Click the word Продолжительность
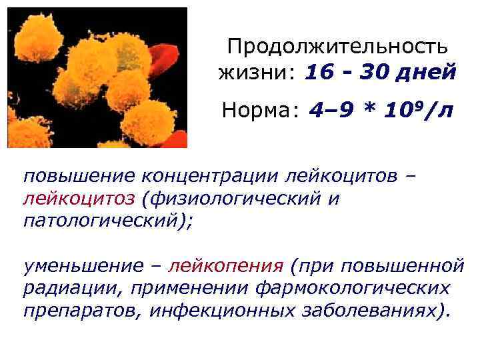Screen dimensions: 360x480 (x=337, y=47)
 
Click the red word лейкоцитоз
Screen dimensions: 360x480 (x=78, y=198)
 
